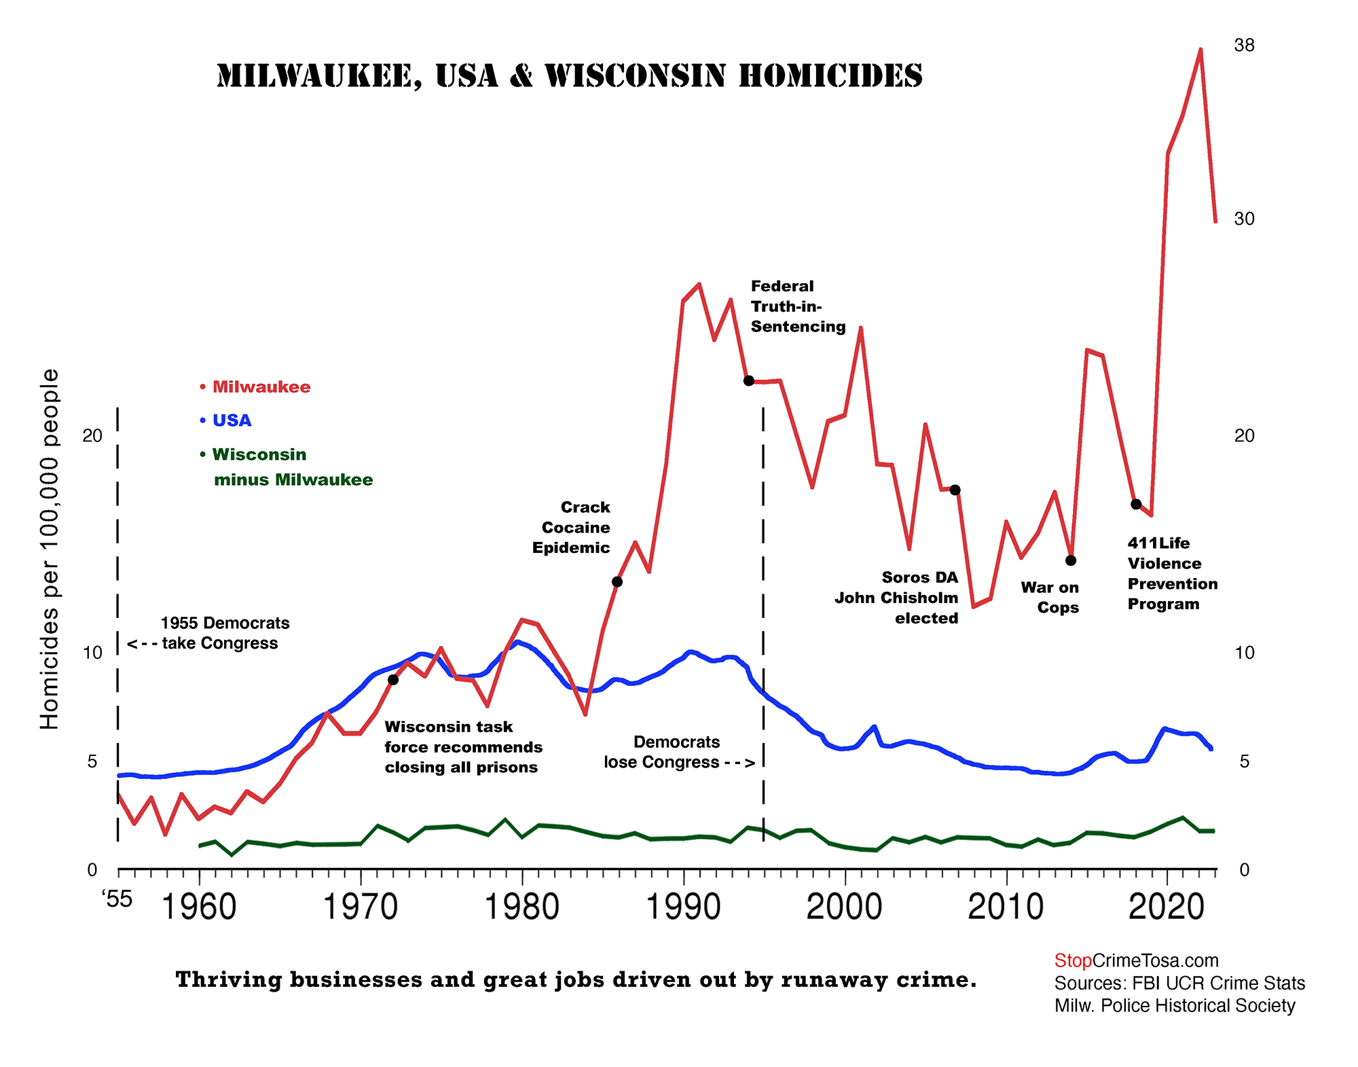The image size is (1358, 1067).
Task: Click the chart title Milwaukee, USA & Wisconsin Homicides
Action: click(569, 75)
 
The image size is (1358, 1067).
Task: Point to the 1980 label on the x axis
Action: click(521, 907)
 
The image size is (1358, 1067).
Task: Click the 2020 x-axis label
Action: click(1167, 907)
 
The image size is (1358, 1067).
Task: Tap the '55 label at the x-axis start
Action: click(117, 899)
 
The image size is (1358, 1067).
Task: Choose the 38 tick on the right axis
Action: click(1244, 46)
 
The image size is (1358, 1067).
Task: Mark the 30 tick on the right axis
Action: click(1244, 219)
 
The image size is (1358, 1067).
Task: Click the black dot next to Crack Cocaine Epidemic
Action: click(617, 581)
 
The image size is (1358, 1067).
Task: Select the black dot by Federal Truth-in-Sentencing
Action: click(748, 381)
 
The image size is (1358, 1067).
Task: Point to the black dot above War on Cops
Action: click(1071, 560)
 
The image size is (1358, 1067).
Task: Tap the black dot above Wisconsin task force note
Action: click(393, 680)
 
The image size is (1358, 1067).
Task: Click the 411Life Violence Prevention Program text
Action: click(1172, 573)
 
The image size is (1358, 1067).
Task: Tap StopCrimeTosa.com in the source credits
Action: click(1136, 960)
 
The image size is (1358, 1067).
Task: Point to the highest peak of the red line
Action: click(1200, 50)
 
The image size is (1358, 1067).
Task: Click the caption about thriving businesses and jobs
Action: click(576, 979)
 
